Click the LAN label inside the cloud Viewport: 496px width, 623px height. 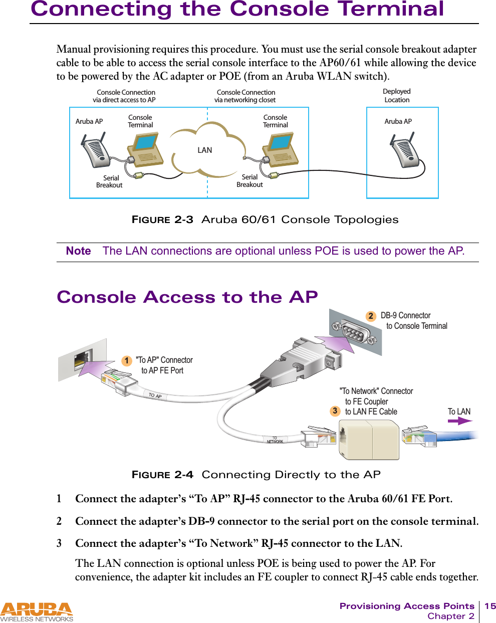click(204, 150)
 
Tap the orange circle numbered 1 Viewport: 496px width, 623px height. click(127, 361)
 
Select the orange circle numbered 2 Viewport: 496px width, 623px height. click(370, 316)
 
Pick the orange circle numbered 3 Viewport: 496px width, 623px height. click(335, 411)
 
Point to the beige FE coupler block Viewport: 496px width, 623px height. click(369, 440)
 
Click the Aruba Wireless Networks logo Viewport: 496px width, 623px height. click(37, 612)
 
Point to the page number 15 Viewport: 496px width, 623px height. click(489, 606)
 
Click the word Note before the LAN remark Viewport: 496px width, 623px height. click(79, 251)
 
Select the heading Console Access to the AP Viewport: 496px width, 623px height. click(187, 297)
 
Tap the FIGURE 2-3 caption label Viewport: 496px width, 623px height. click(162, 220)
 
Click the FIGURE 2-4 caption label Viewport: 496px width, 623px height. click(162, 475)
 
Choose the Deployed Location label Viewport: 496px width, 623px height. click(396, 96)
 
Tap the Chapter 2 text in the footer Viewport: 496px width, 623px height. click(450, 616)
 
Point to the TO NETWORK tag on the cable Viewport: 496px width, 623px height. click(275, 440)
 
